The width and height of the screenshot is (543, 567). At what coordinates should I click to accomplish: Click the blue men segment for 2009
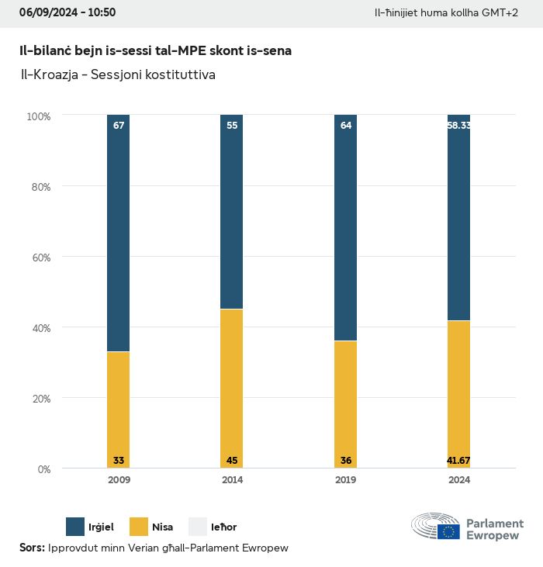coord(119,233)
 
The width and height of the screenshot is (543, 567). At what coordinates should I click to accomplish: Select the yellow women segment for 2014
coord(232,388)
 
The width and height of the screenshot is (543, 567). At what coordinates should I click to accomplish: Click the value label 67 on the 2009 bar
coord(119,126)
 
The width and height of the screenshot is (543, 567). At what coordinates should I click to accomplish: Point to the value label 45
coord(232,461)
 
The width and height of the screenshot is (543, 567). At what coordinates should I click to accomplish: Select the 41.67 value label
coord(458,461)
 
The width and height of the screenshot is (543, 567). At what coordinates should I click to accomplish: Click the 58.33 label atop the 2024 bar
coord(458,126)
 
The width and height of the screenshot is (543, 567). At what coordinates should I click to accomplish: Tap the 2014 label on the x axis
coord(232,480)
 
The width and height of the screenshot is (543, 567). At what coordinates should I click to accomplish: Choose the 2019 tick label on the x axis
coord(345,480)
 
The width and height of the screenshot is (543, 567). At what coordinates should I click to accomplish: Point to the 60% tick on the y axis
coord(39,257)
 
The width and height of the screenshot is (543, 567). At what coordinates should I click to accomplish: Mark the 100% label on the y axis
coord(38,116)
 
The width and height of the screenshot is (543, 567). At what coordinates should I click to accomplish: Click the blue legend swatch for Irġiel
coord(75,527)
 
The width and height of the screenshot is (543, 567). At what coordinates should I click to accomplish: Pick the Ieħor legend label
coord(223,527)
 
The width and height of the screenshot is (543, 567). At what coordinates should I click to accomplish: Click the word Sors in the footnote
coord(32,548)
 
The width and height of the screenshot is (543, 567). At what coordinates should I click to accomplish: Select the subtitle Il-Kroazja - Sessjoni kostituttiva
coord(118,75)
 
